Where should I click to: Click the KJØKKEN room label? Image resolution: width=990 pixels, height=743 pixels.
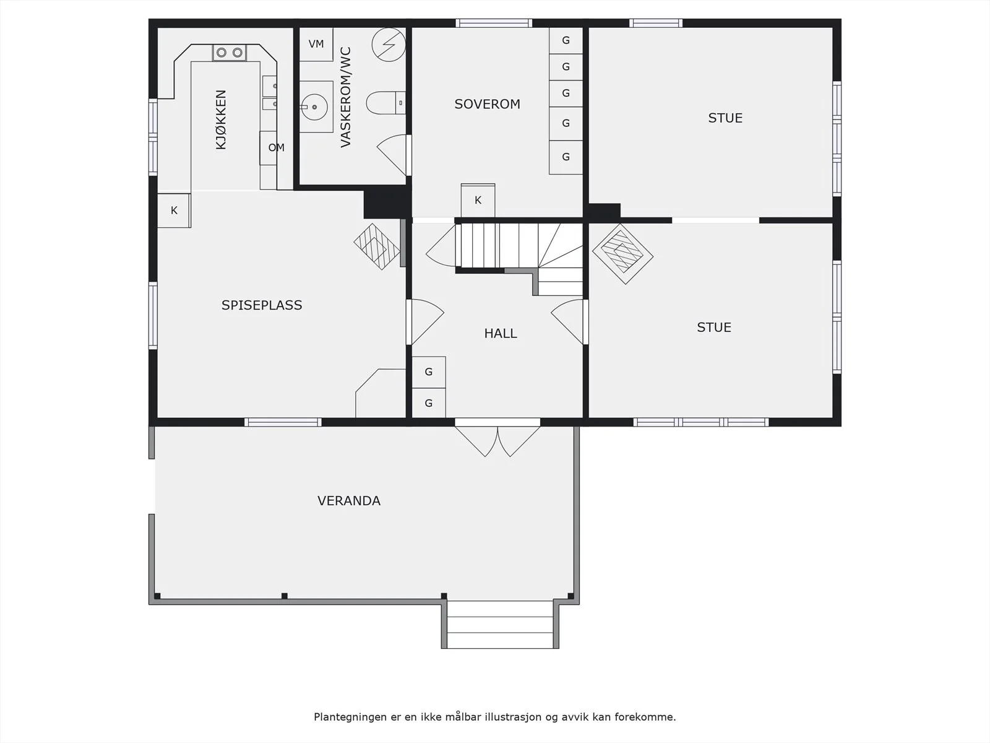click(220, 119)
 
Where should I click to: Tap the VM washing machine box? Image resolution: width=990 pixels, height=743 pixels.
click(316, 44)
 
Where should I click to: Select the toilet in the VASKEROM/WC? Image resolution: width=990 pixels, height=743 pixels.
click(385, 103)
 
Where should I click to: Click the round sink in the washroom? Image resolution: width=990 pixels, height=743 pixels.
click(314, 107)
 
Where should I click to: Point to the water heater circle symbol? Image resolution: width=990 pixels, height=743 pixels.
click(389, 45)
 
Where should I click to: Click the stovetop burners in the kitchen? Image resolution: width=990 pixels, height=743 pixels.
click(230, 53)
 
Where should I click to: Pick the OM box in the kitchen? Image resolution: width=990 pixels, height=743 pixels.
click(276, 148)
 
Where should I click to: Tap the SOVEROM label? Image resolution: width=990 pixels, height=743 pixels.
click(487, 104)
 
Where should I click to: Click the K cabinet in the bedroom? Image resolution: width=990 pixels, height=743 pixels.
click(478, 200)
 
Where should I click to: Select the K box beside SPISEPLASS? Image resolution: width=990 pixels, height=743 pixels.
click(174, 211)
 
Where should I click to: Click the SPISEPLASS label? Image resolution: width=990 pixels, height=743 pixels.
click(262, 305)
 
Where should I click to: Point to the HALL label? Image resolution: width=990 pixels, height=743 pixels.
click(500, 333)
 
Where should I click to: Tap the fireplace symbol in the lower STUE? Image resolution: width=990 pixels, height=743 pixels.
click(623, 254)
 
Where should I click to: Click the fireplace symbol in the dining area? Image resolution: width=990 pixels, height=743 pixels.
click(377, 247)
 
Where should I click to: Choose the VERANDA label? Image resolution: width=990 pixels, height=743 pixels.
click(348, 501)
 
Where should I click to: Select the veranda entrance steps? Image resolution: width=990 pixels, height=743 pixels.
click(500, 624)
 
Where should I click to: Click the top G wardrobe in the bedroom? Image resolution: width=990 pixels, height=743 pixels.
click(566, 41)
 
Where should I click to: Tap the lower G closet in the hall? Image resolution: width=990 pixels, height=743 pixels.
click(428, 403)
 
